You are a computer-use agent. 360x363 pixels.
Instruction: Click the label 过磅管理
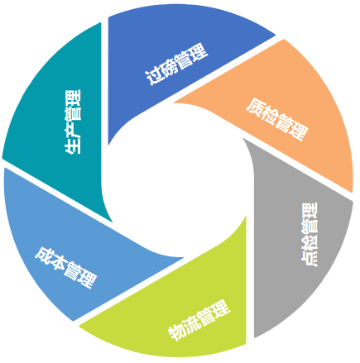176,64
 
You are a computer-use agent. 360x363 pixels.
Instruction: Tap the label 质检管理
277,119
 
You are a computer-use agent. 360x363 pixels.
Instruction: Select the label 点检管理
310,235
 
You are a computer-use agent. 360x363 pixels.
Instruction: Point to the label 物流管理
199,320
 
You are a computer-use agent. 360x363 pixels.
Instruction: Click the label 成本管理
66,267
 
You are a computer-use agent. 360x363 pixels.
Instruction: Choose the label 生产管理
73,122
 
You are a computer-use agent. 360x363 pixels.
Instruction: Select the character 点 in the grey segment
310,258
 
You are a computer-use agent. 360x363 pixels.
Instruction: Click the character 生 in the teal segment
73,146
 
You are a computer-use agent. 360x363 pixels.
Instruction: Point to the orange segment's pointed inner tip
174,103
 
